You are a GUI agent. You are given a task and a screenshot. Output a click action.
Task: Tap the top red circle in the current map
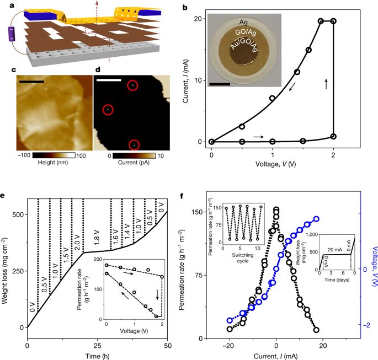tap(132, 85)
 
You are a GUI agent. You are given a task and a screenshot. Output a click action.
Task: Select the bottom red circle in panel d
tap(134, 145)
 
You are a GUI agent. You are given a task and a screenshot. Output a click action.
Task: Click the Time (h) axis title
tap(97, 354)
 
